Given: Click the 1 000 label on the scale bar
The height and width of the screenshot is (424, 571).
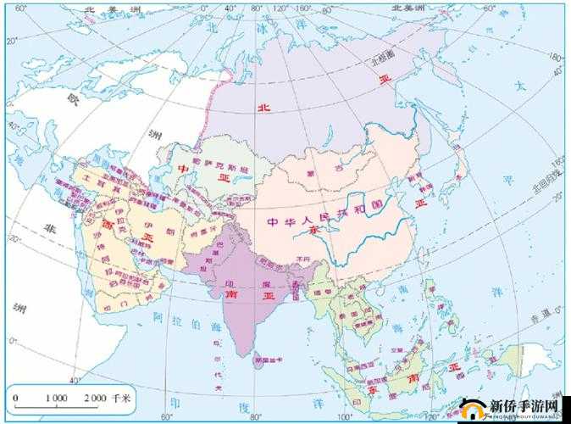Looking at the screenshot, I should tap(56, 398).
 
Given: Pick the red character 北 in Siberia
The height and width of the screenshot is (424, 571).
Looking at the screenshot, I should tap(263, 108).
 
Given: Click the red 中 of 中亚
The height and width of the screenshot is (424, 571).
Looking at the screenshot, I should tap(183, 167).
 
